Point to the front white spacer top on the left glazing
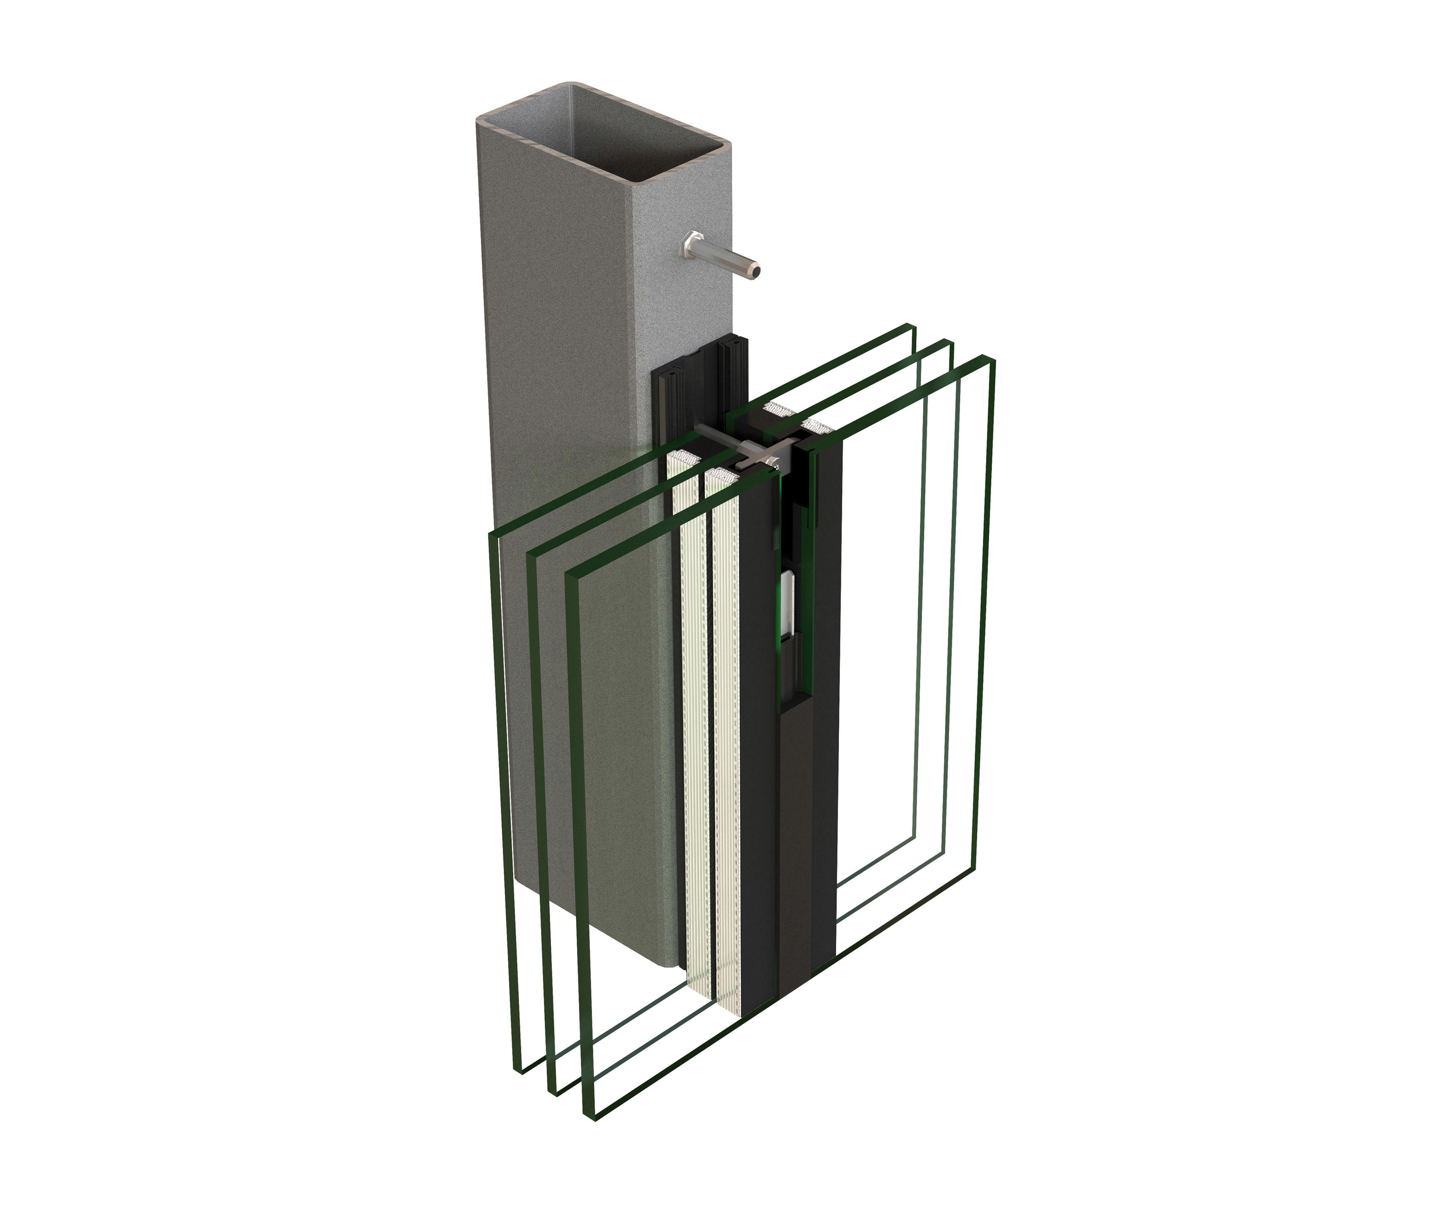[721, 474]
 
